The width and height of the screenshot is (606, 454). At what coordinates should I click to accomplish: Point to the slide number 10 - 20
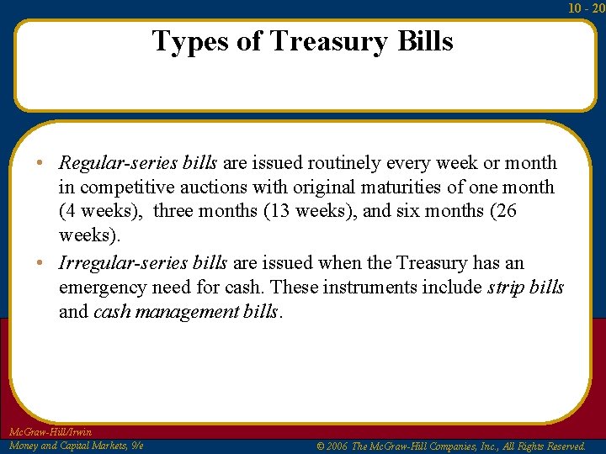click(586, 8)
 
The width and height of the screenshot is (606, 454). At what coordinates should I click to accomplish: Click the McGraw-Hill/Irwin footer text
click(50, 432)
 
